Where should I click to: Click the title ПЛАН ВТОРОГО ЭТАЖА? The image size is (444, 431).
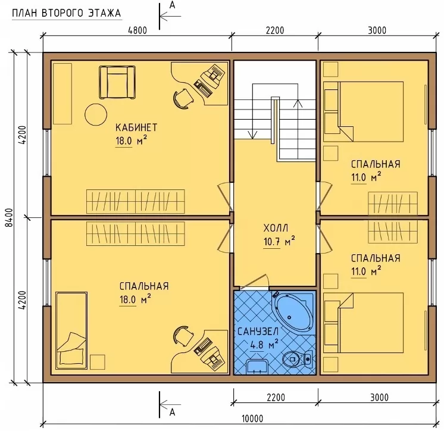pyautogui.click(x=67, y=13)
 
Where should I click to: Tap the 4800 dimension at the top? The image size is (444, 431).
pyautogui.click(x=137, y=30)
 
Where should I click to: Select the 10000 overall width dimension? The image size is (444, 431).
pyautogui.click(x=252, y=418)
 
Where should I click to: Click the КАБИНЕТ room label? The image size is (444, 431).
pyautogui.click(x=136, y=127)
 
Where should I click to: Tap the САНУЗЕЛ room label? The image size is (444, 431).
pyautogui.click(x=258, y=332)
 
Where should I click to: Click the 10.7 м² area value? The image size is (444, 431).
pyautogui.click(x=279, y=241)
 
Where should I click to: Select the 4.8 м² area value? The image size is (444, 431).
pyautogui.click(x=264, y=345)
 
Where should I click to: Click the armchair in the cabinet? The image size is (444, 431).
pyautogui.click(x=117, y=82)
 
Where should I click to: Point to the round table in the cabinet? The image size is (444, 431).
pyautogui.click(x=96, y=114)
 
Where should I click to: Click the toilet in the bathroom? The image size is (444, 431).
pyautogui.click(x=298, y=359)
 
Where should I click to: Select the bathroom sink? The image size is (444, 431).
pyautogui.click(x=257, y=367)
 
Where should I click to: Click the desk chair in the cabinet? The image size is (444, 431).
pyautogui.click(x=183, y=98)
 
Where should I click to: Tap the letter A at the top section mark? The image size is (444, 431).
pyautogui.click(x=172, y=5)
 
